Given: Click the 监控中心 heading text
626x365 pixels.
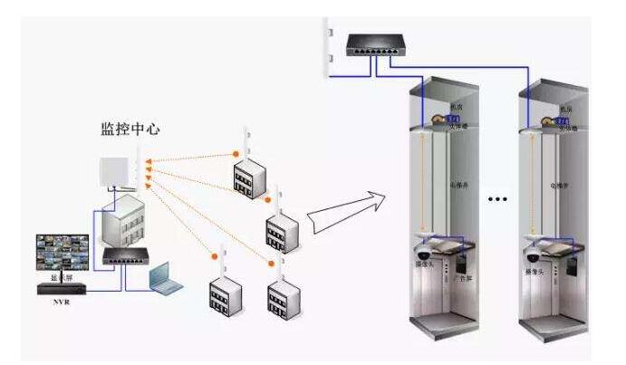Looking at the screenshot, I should (x=130, y=129).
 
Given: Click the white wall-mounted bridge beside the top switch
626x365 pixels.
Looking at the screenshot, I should (x=327, y=50).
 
